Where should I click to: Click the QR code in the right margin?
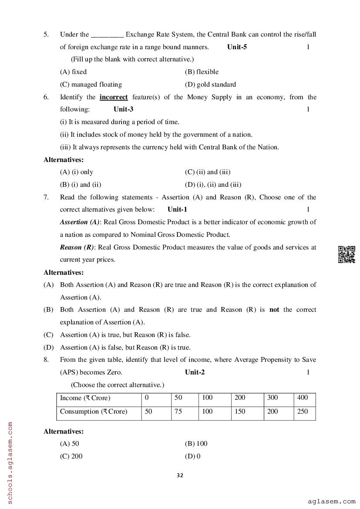pyautogui.click(x=347, y=254)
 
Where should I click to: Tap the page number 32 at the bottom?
pyautogui.click(x=180, y=475)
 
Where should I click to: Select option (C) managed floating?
pyautogui.click(x=91, y=84)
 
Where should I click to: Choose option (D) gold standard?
pyautogui.click(x=210, y=84)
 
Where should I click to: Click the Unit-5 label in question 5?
pyautogui.click(x=237, y=47)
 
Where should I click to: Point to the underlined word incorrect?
pyautogui.click(x=114, y=97)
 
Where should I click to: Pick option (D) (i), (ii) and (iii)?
pyautogui.click(x=213, y=184)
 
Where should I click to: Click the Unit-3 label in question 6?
pyautogui.click(x=123, y=109)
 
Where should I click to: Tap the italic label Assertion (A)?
pyautogui.click(x=80, y=222)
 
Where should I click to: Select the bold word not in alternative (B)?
pyautogui.click(x=274, y=310)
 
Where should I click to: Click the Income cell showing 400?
pyautogui.click(x=302, y=398)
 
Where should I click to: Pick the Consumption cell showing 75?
pyautogui.click(x=178, y=411)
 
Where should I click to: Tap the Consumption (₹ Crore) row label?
pyautogui.click(x=94, y=411)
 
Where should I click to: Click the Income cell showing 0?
pyautogui.click(x=147, y=398)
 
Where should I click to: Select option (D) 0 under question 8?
pyautogui.click(x=192, y=456)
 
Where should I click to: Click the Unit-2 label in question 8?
pyautogui.click(x=195, y=372)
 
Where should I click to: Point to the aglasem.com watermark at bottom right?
pyautogui.click(x=331, y=502)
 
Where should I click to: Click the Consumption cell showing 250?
pyautogui.click(x=302, y=411)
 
